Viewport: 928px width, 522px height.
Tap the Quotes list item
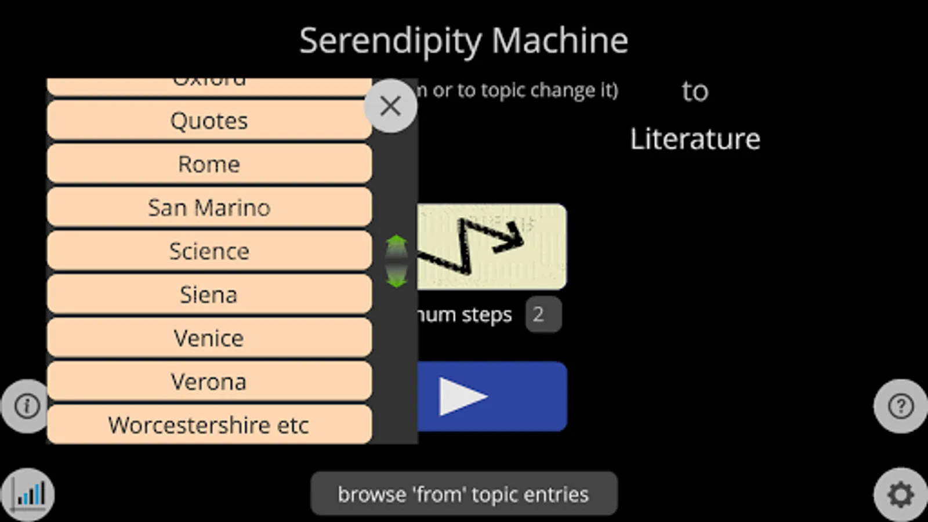(x=209, y=121)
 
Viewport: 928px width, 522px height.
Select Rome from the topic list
(x=209, y=164)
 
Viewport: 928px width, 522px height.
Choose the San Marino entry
(x=209, y=208)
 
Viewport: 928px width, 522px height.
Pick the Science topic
(x=209, y=251)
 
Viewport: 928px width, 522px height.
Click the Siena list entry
(x=209, y=295)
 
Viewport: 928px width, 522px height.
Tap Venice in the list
(x=209, y=338)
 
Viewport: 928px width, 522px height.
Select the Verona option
(x=209, y=382)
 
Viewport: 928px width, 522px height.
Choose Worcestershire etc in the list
(x=209, y=425)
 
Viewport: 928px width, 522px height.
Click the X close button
(x=390, y=106)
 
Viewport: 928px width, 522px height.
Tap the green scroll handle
(x=397, y=261)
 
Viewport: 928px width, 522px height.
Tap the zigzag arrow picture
(x=492, y=246)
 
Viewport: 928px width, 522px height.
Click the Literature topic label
(x=695, y=139)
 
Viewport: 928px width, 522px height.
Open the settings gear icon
(x=900, y=495)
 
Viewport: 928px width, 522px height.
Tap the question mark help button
(x=900, y=406)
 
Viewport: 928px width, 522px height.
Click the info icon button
(x=27, y=406)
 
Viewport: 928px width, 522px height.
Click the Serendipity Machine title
(x=463, y=41)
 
